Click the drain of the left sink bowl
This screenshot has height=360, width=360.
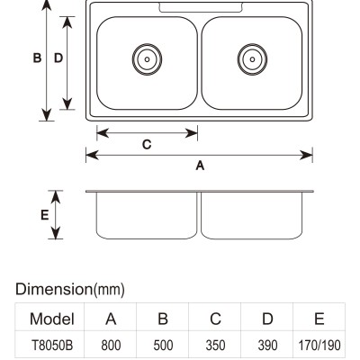pyautogui.click(x=147, y=59)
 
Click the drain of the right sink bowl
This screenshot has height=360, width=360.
pyautogui.click(x=252, y=59)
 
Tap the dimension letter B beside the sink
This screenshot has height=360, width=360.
pyautogui.click(x=37, y=58)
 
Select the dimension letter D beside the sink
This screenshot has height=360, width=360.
pyautogui.click(x=58, y=58)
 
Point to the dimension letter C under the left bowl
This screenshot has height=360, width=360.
pyautogui.click(x=147, y=145)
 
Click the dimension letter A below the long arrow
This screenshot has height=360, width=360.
pyautogui.click(x=200, y=166)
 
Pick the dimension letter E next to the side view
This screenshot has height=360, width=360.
pyautogui.click(x=44, y=215)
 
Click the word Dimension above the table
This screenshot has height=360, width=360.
pyautogui.click(x=54, y=289)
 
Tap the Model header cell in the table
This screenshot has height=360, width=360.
pyautogui.click(x=52, y=319)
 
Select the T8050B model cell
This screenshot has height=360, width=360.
pyautogui.click(x=52, y=346)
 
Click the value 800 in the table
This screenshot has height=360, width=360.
pyautogui.click(x=111, y=346)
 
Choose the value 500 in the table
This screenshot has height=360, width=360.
pyautogui.click(x=163, y=346)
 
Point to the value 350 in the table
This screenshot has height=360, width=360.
pyautogui.click(x=215, y=346)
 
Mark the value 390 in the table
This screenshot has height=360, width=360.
pyautogui.click(x=267, y=346)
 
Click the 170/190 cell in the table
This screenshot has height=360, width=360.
pyautogui.click(x=319, y=346)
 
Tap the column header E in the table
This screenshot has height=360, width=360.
pyautogui.click(x=319, y=319)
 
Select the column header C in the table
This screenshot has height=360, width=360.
pyautogui.click(x=215, y=319)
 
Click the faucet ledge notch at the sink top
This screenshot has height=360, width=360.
pyautogui.click(x=201, y=8)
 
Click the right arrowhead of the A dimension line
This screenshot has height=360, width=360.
pyautogui.click(x=307, y=155)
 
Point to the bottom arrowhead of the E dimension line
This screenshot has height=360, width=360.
pyautogui.click(x=56, y=233)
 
